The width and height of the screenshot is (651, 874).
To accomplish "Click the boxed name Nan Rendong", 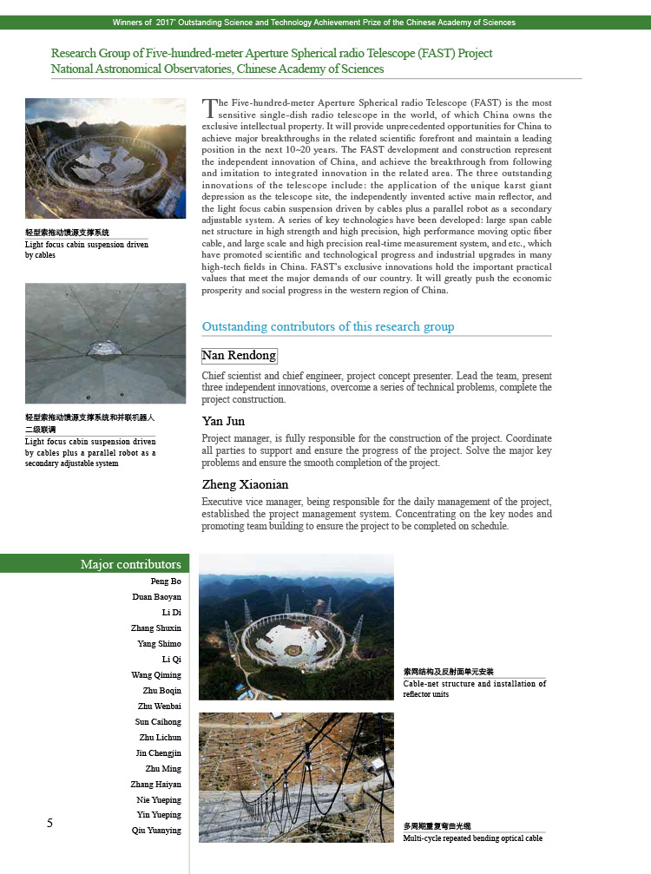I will (x=239, y=356).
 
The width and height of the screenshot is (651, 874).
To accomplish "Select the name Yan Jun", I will (x=223, y=421).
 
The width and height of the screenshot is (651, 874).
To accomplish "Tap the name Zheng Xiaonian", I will (x=245, y=484).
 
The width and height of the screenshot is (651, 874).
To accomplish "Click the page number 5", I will (x=49, y=823).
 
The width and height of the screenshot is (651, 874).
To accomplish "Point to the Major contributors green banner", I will (x=130, y=564).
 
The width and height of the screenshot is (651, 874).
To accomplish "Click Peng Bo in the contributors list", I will (x=166, y=582).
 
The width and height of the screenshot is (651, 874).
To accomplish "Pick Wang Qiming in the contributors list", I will (x=156, y=675).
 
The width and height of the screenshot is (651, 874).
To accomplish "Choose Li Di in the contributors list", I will (x=172, y=613).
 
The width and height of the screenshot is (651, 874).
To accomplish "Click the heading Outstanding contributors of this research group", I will (x=327, y=327).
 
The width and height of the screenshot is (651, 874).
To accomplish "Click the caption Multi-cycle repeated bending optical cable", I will (x=472, y=838).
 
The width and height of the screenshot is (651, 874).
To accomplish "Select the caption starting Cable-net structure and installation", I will (x=474, y=684).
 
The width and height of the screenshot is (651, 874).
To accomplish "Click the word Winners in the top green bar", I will (x=132, y=23).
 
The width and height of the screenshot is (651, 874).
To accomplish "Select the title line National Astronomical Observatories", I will (x=217, y=69).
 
